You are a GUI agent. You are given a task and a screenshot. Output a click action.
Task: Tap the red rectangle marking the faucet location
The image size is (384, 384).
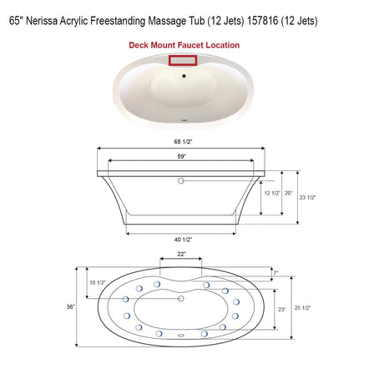click(181, 60)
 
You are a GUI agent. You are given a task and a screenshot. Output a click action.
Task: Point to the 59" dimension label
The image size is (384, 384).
click(181, 155)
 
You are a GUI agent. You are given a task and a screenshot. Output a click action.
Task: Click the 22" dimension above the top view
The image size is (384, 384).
click(181, 253)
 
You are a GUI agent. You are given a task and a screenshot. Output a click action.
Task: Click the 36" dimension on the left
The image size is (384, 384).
click(72, 307)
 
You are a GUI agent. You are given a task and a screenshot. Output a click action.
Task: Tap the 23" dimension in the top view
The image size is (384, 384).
click(282, 309)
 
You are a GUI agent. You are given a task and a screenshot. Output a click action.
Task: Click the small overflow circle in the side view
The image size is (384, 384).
click(181, 179)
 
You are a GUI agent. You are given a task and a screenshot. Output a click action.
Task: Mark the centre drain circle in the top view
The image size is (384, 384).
click(181, 298)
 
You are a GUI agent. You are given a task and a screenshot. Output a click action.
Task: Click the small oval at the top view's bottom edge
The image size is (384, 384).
click(181, 337)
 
